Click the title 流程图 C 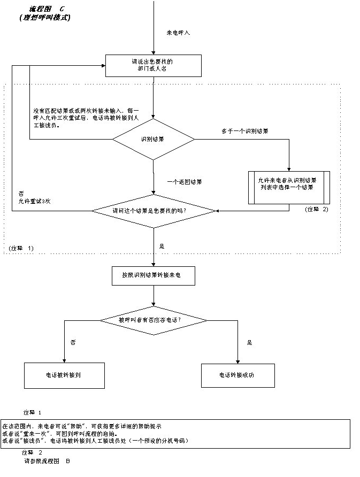point(47,9)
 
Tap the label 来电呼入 point(178,33)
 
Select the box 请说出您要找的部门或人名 point(153,65)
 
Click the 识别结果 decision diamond point(153,139)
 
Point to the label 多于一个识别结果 point(245,130)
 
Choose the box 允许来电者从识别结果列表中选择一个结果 point(289,187)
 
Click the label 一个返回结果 point(184,182)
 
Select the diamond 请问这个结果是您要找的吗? point(153,211)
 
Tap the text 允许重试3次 point(33,201)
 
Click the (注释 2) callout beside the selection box point(317,209)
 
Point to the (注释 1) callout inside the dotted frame point(21,248)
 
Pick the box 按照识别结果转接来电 point(153,275)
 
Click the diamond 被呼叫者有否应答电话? point(153,320)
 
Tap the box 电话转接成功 point(237,375)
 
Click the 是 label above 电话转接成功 point(249,342)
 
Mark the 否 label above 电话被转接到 point(73,342)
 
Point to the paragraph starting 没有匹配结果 point(86,119)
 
